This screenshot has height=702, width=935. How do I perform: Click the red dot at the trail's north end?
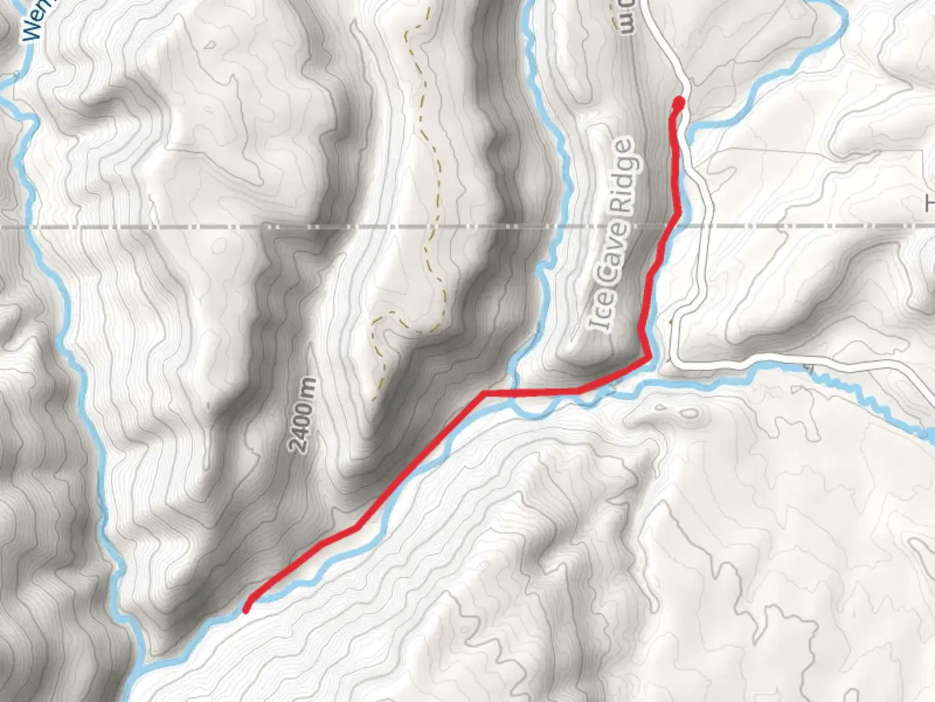(679, 103)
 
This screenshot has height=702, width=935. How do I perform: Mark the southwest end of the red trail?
(247, 609)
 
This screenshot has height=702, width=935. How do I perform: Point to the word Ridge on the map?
(622, 175)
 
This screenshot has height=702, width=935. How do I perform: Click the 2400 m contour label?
(303, 415)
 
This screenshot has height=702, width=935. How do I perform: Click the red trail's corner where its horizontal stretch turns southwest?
(484, 393)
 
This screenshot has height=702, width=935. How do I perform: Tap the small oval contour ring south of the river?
(690, 413)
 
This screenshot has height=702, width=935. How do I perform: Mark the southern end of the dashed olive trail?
(375, 397)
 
